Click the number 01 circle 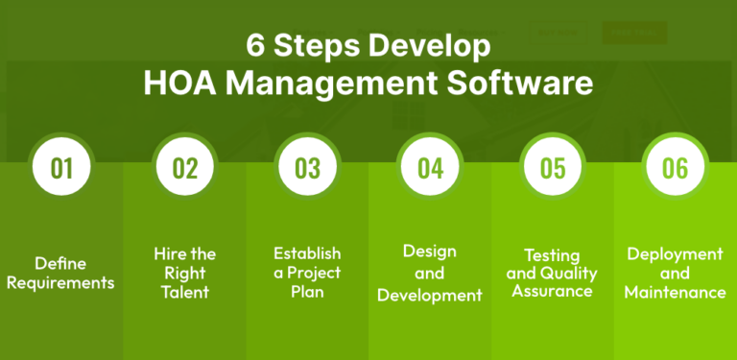point(61,168)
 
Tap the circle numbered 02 point(184,168)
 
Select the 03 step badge point(307,168)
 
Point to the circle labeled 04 point(430,168)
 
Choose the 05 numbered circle point(553,168)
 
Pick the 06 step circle point(675,168)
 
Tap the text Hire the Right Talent point(184,273)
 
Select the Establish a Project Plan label point(307,273)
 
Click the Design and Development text point(430,273)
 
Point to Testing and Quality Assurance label point(552,273)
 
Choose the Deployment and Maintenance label point(675,273)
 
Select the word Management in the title point(336,83)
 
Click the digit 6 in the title point(253,46)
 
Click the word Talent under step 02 point(184,293)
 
